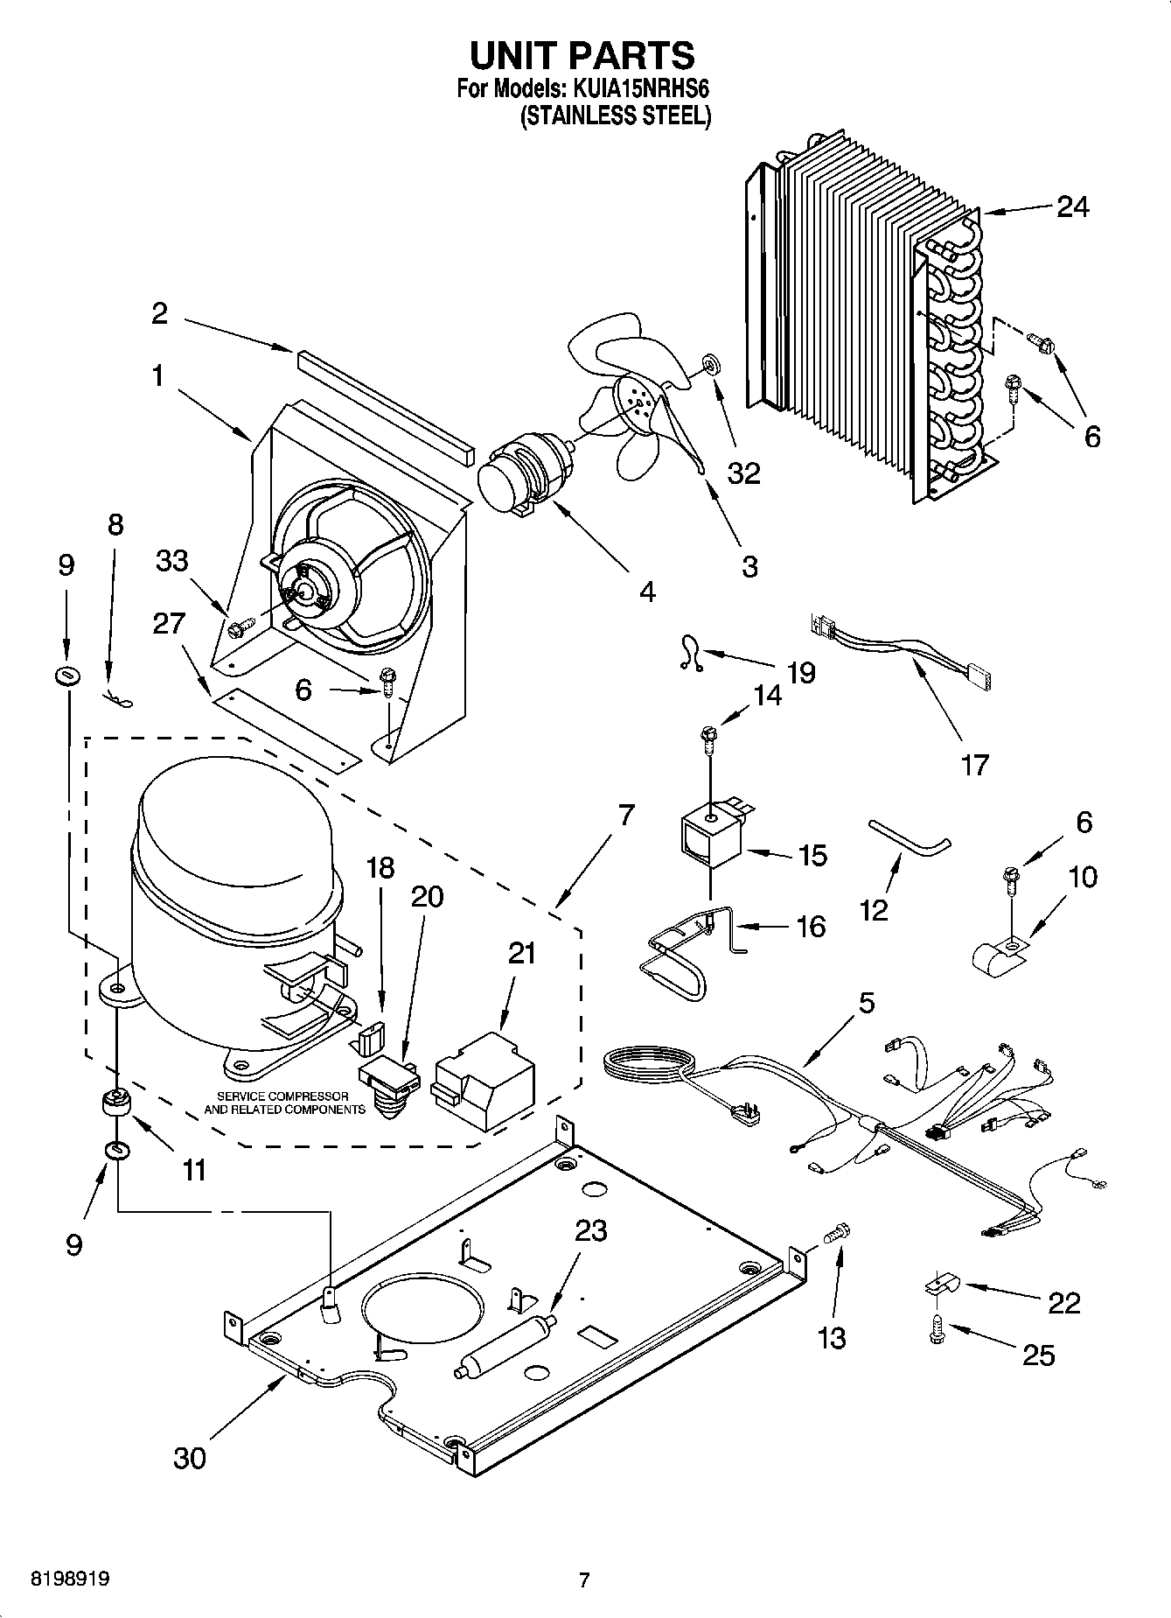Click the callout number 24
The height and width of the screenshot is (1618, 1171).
[1072, 207]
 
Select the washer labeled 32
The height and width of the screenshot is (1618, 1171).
[710, 362]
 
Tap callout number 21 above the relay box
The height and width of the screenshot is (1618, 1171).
[521, 953]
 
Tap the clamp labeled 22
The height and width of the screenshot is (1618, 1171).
[941, 1285]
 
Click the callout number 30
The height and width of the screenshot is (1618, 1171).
[190, 1457]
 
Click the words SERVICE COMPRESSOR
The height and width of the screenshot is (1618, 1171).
[282, 1096]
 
